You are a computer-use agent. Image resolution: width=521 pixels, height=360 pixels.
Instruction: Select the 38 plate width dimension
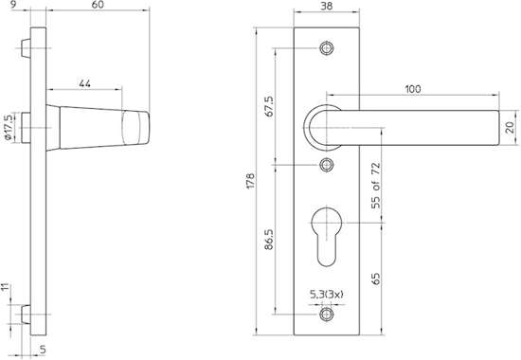326,6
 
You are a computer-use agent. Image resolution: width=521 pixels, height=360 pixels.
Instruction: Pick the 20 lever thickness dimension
511,126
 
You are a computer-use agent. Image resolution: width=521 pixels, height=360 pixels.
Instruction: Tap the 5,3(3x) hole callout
327,296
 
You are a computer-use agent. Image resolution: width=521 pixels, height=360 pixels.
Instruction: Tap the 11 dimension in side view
6,285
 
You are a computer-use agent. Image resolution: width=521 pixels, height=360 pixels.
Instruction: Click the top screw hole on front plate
327,46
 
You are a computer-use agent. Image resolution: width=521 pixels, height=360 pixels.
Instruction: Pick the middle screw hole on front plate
327,166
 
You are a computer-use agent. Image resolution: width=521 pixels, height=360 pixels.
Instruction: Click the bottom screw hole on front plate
327,315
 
